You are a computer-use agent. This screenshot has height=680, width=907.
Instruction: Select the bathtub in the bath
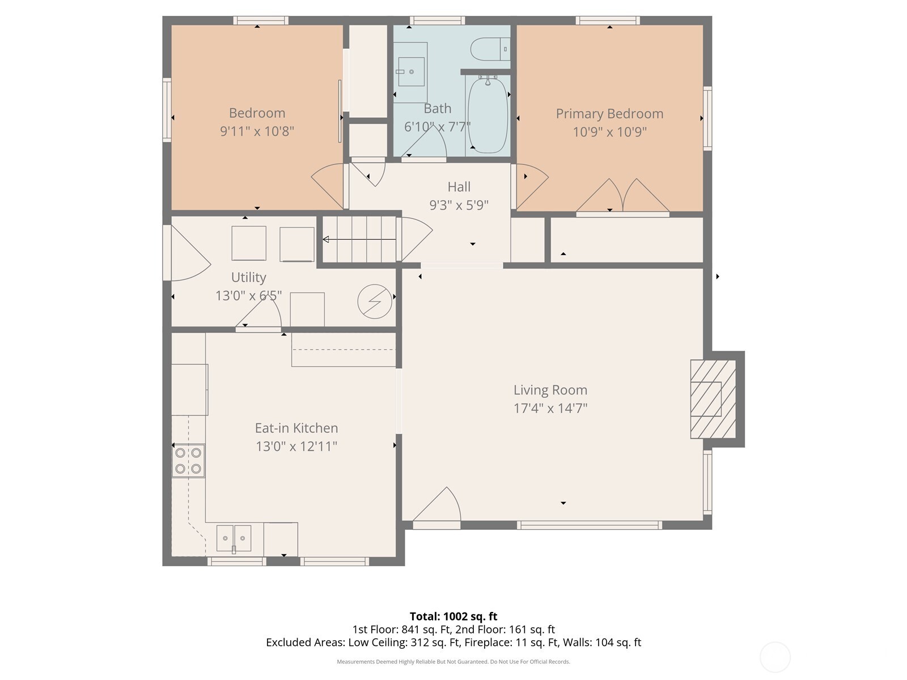click(x=488, y=116)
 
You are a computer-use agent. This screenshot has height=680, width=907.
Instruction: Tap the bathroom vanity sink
click(x=411, y=72)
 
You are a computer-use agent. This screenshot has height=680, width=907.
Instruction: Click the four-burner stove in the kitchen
click(x=188, y=460)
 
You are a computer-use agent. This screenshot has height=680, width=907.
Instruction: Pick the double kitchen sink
click(x=234, y=538)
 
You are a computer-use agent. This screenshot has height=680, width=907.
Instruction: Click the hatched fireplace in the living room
click(x=712, y=399)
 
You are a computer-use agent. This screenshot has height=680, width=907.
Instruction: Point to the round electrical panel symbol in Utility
click(x=375, y=301)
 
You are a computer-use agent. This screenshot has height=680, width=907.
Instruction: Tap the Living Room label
click(x=550, y=390)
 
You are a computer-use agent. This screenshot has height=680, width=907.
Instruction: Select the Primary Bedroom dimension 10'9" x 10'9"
click(x=609, y=132)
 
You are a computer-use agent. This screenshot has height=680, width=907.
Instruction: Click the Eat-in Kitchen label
click(x=296, y=428)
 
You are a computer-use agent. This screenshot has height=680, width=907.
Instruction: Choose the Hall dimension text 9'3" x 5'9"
click(x=459, y=205)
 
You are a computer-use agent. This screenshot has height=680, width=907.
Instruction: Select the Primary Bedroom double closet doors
click(x=622, y=197)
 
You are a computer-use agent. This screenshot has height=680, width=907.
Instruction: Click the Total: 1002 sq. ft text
click(x=453, y=617)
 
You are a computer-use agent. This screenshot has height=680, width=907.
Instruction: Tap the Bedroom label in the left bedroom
click(x=257, y=113)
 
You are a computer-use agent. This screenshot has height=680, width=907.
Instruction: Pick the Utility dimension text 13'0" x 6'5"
click(x=248, y=295)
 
